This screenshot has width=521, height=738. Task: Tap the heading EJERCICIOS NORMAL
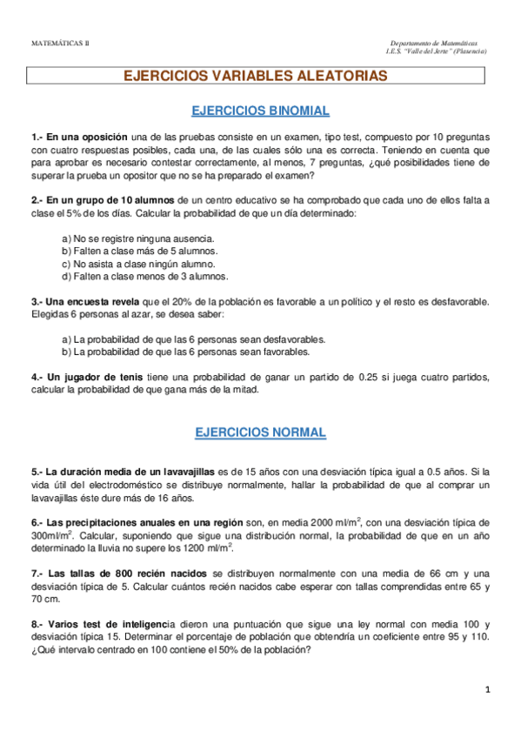pos(260,432)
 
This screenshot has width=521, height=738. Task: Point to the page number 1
pos(489,690)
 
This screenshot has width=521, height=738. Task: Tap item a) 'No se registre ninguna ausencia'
pos(138,238)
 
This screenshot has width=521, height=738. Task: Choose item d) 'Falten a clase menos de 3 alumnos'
pos(145,277)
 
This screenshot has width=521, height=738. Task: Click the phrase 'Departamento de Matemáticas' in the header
pos(434,43)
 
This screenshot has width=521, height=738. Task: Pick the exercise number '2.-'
pos(37,200)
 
